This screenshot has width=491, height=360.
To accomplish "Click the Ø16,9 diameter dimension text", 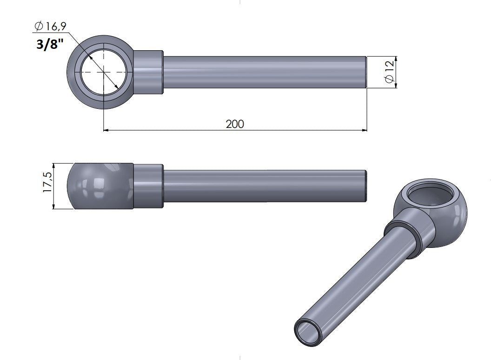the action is (x=50, y=27).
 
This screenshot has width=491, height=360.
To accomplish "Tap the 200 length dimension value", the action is (x=235, y=124).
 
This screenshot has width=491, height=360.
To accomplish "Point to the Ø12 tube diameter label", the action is (x=389, y=72).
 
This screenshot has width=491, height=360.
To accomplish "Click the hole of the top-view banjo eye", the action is (x=104, y=72).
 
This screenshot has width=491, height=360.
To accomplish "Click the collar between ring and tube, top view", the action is (x=148, y=72).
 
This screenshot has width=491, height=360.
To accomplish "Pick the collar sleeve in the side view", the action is (x=148, y=186).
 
